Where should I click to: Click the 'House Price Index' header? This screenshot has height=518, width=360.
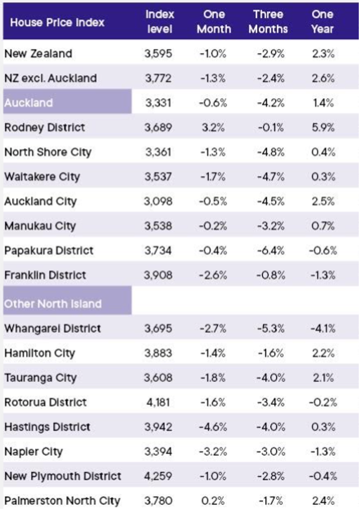coord(57,23)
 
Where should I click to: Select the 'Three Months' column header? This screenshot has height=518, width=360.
coord(268,22)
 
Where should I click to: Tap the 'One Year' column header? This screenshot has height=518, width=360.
coord(322,22)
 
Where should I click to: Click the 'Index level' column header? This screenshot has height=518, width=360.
coord(160,22)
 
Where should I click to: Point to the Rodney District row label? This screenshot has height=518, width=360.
coord(45,128)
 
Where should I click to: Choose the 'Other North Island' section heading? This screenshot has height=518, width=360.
coord(53,304)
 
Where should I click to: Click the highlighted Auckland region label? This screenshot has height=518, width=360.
coord(28,103)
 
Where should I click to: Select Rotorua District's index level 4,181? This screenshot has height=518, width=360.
coord(158,402)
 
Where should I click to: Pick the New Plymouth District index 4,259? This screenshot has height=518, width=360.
coord(158,476)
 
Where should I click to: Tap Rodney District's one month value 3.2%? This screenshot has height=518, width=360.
coord(213,128)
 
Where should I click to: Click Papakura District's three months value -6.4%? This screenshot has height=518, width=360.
coord(271,251)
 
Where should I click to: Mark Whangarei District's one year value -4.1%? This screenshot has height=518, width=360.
coord(323,329)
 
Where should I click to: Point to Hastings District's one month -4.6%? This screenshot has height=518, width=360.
coord(213,427)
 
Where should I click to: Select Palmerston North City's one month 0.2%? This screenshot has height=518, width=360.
coord(213,501)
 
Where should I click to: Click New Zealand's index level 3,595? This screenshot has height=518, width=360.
coord(158,54)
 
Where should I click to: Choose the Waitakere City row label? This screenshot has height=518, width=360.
coord(42,177)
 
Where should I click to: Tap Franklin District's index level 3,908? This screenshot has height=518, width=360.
coord(158,275)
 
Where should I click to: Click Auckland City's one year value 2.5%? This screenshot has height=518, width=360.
coord(323,201)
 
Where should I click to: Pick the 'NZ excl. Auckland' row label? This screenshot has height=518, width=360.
coord(50,78)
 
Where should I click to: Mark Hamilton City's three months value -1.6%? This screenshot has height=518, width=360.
coord(271,353)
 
